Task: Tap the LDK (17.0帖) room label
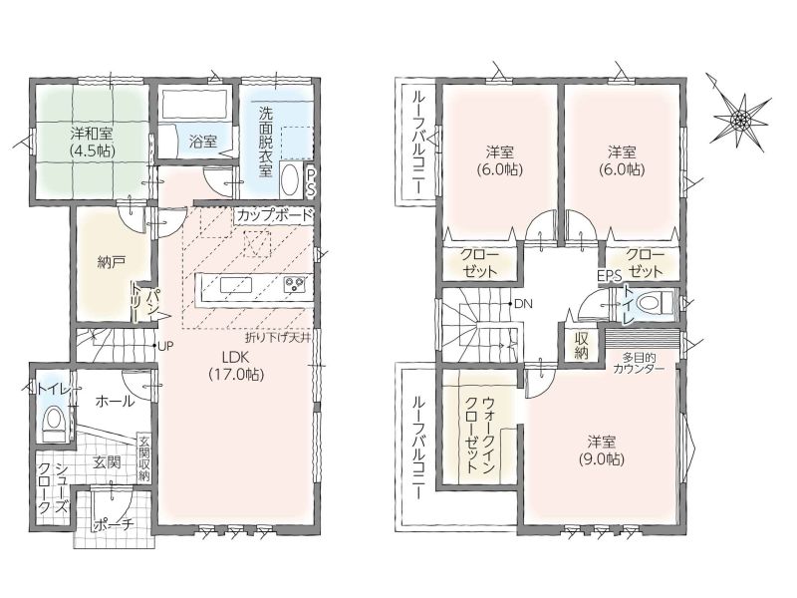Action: pyautogui.click(x=236, y=365)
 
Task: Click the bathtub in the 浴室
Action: pyautogui.click(x=194, y=105)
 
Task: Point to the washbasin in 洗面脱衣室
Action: pyautogui.click(x=290, y=180)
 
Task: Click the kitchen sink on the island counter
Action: pyautogui.click(x=236, y=285)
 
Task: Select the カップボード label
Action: pyautogui.click(x=273, y=215)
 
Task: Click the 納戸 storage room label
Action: pyautogui.click(x=112, y=262)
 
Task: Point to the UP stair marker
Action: pyautogui.click(x=165, y=346)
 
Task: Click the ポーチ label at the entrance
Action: pyautogui.click(x=114, y=525)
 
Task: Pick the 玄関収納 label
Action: pyautogui.click(x=144, y=458)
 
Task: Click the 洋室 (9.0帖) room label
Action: pyautogui.click(x=602, y=449)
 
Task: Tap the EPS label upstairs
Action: pyautogui.click(x=610, y=276)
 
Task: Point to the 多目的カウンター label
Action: pyautogui.click(x=639, y=364)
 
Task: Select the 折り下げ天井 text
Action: pyautogui.click(x=278, y=337)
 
